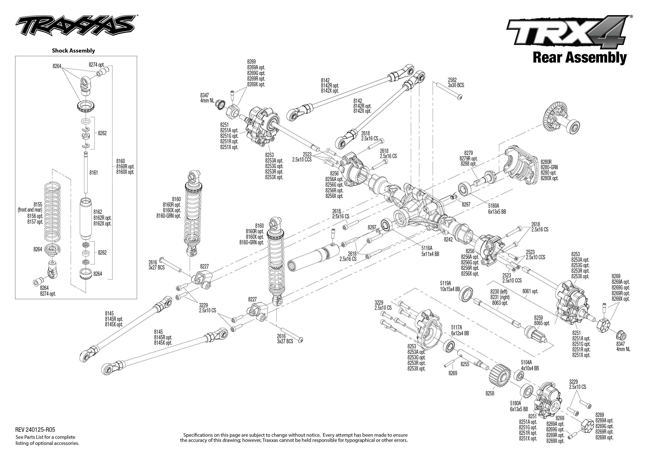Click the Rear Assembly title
click(x=579, y=58)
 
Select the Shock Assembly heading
click(x=73, y=51)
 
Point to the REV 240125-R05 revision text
click(x=35, y=430)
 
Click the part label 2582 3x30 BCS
click(x=456, y=82)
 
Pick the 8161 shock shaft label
click(x=94, y=173)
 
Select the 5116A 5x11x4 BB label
click(x=430, y=251)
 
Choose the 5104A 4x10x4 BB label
click(x=530, y=365)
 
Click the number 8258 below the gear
click(x=490, y=393)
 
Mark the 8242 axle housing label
click(x=448, y=239)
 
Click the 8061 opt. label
click(x=530, y=291)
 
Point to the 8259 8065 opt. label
click(x=542, y=320)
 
